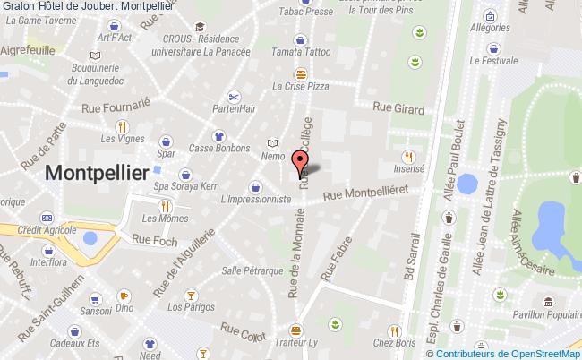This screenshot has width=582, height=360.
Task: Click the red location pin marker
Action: click(x=300, y=162)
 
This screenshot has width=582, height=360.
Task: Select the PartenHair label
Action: click(x=235, y=109)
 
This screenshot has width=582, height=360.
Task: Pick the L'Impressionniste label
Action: click(x=256, y=200)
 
